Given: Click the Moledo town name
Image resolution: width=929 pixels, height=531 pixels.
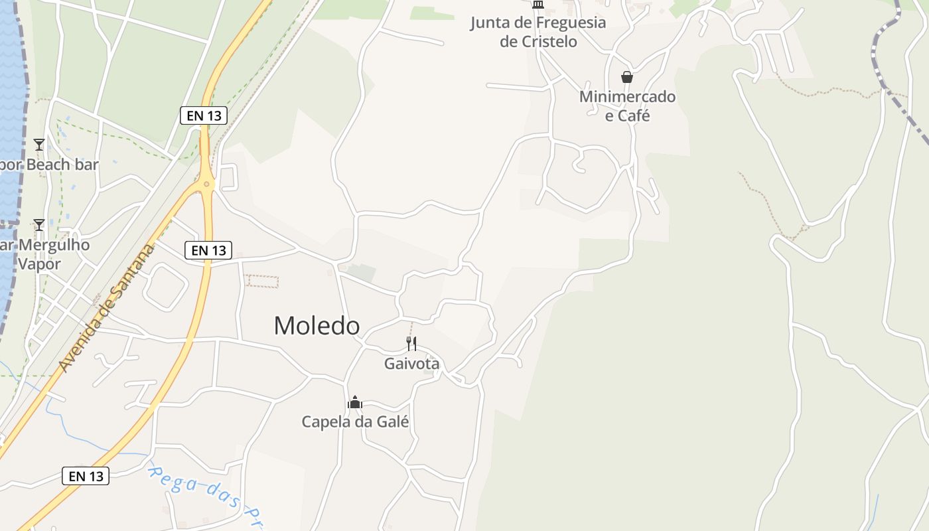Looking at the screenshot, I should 317,326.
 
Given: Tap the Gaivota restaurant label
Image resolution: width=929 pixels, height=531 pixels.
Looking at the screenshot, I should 411,364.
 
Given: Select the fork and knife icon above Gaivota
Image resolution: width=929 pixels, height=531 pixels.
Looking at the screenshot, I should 411,343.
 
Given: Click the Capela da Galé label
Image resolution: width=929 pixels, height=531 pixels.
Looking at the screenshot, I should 355,421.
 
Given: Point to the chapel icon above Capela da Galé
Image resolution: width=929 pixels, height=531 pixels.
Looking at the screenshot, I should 355,402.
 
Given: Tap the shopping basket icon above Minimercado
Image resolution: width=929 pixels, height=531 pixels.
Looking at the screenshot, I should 627,77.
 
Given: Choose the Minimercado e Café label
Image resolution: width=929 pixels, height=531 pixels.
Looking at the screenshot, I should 627,106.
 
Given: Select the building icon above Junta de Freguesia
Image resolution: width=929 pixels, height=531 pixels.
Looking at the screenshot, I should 538,5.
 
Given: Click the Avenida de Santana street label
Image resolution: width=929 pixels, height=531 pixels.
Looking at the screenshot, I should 106,307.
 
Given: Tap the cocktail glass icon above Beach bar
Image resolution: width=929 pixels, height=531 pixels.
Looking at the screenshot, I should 39,144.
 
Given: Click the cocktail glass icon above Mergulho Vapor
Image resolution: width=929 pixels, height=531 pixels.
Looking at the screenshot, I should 39,225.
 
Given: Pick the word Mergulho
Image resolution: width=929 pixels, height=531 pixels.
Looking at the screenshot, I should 53,245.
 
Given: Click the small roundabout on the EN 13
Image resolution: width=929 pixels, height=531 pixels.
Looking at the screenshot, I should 207,184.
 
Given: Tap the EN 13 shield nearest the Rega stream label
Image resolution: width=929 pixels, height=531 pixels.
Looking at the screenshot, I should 86,476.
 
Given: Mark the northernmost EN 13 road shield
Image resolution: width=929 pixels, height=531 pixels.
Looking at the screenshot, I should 204,115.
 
